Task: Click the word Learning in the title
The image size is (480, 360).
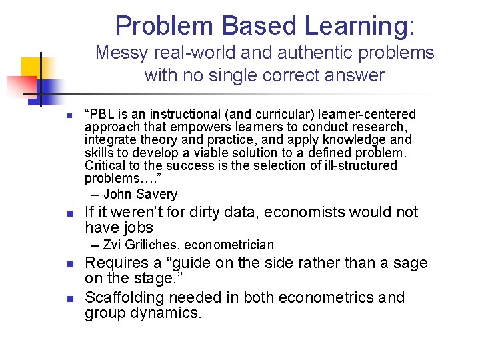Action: coord(359,25)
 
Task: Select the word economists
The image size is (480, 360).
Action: coord(319,213)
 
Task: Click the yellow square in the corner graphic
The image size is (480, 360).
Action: coord(31,67)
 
